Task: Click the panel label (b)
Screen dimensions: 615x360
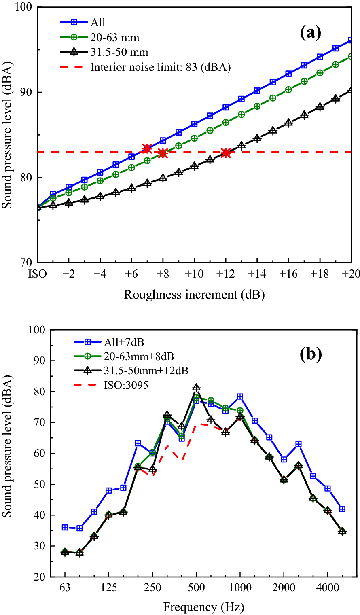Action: [310, 354]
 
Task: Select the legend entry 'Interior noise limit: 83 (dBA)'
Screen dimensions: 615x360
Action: [160, 67]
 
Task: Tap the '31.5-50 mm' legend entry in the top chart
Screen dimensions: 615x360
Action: [119, 53]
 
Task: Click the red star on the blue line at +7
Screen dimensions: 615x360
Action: [147, 148]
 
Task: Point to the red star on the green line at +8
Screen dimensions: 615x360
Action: [163, 153]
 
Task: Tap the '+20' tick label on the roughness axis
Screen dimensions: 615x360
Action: [351, 274]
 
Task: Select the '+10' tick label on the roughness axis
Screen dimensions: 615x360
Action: [194, 274]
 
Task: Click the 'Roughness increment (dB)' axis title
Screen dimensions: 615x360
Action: [194, 295]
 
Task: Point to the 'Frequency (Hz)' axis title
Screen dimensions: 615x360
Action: [203, 607]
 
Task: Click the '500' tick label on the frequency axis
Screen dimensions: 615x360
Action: [196, 587]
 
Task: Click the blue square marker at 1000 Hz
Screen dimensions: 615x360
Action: [240, 397]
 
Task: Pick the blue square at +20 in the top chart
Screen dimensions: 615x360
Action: [351, 40]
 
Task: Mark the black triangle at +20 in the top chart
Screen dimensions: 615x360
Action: [351, 90]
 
